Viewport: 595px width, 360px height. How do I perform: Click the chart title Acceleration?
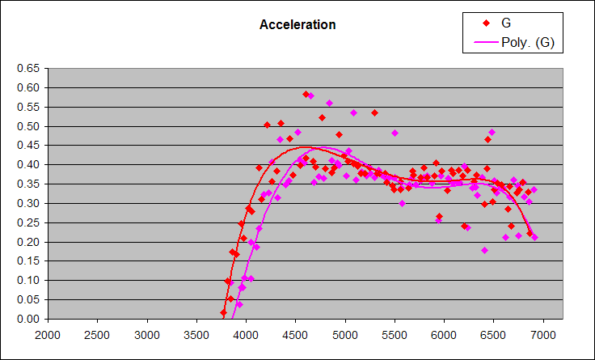click(x=297, y=24)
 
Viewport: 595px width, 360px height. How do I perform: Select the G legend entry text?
click(x=506, y=23)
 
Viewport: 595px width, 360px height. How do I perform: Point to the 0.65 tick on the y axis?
click(x=28, y=68)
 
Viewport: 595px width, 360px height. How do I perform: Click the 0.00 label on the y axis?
click(x=28, y=319)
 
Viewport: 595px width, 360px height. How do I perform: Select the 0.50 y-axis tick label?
click(x=28, y=126)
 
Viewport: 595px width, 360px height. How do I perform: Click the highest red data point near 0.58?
click(x=306, y=94)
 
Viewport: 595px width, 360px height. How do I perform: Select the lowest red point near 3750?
click(x=223, y=312)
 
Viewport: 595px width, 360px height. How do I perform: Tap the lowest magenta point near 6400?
click(x=484, y=250)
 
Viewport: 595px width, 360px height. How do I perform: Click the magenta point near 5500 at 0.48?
click(x=395, y=133)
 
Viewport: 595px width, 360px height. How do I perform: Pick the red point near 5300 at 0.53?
click(x=374, y=112)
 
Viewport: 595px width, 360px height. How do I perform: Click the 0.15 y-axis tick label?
click(x=28, y=261)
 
